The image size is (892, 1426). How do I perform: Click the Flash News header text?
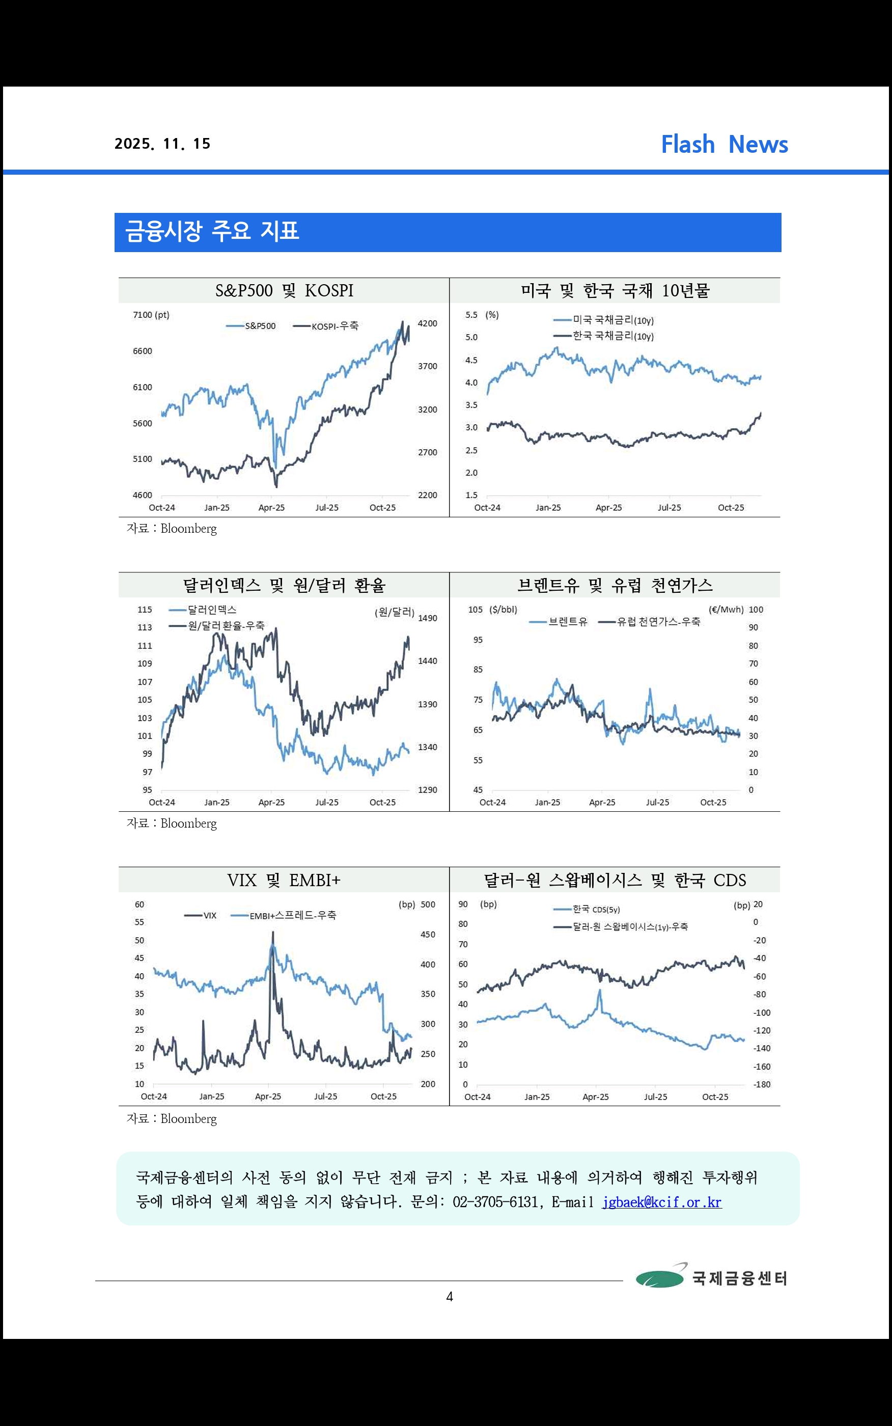click(x=724, y=145)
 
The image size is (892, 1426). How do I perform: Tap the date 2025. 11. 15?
click(x=162, y=144)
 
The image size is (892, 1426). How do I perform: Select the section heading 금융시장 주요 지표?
click(x=212, y=231)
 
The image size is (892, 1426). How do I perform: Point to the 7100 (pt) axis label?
click(x=151, y=315)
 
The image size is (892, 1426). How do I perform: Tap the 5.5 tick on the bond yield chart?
click(x=471, y=315)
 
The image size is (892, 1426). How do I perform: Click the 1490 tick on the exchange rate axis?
click(x=428, y=618)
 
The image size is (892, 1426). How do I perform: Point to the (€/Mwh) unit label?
click(x=726, y=610)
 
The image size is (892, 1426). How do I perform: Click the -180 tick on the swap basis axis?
click(x=762, y=1084)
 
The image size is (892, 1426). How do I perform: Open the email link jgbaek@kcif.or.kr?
click(x=661, y=1202)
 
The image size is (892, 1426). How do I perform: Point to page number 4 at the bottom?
click(x=450, y=1297)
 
